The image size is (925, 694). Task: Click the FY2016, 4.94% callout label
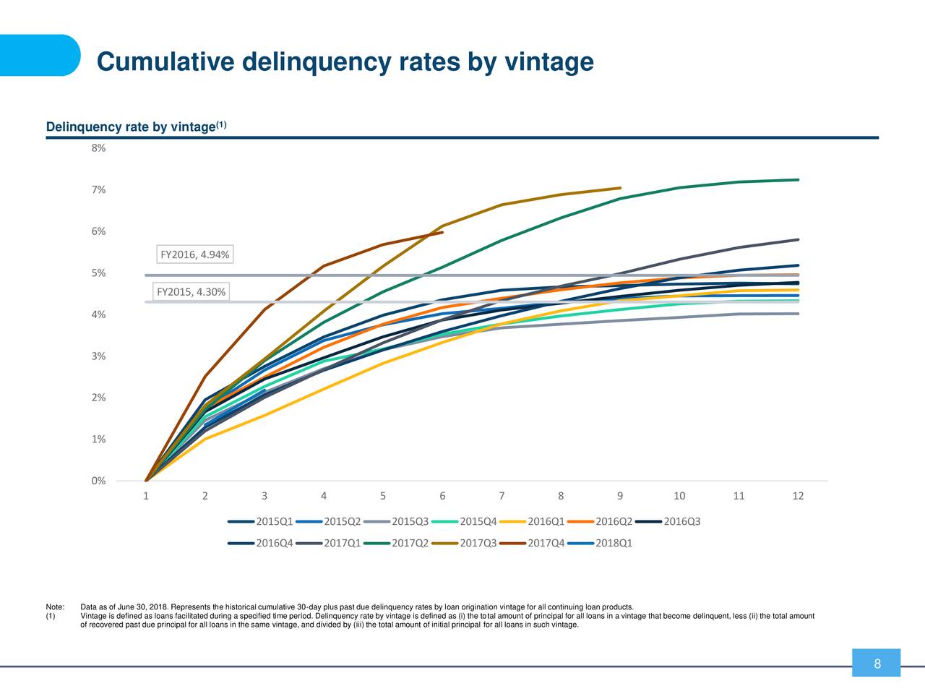(x=194, y=254)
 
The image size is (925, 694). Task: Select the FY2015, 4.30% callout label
(x=191, y=292)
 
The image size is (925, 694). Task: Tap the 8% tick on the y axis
(x=98, y=148)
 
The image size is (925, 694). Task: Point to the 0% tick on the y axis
(x=98, y=481)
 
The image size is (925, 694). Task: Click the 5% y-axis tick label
(x=98, y=273)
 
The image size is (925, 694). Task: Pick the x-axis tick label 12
(x=798, y=496)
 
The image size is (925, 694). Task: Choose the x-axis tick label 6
(x=442, y=496)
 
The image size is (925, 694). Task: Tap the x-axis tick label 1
(x=146, y=496)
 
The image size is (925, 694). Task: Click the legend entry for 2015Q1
(x=260, y=522)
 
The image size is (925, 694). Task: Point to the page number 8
(x=877, y=664)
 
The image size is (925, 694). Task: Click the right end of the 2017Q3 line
(x=620, y=188)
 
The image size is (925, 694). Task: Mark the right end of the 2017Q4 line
(x=442, y=233)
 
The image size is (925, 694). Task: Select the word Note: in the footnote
(x=55, y=607)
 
